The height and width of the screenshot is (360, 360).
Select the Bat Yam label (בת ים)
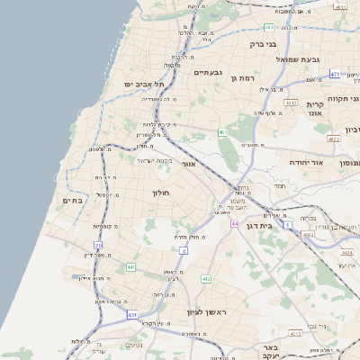point(71,200)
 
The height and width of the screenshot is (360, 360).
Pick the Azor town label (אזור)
point(189,164)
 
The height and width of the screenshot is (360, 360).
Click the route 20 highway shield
point(98,245)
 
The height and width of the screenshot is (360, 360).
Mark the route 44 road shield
point(234,222)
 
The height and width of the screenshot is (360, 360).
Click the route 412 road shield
point(206,279)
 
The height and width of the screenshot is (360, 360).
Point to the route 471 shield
point(335,75)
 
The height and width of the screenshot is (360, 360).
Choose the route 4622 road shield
point(333,140)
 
